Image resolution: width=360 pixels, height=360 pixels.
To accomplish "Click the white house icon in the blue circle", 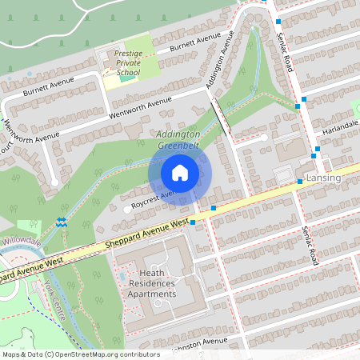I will [x=180, y=172].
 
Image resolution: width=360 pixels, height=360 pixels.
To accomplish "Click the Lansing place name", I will [x=323, y=176].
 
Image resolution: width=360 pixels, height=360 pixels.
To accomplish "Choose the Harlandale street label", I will [x=336, y=128].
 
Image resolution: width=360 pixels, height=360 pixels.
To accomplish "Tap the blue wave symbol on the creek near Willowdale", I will [x=62, y=222].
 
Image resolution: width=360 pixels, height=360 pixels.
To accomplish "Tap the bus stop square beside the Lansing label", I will [x=300, y=182].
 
